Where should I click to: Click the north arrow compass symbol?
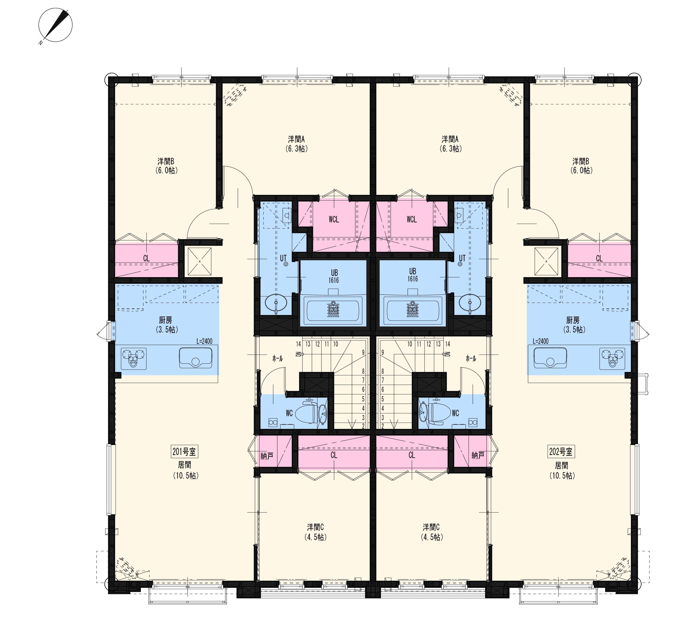pyautogui.click(x=55, y=25)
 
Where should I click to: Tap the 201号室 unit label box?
pyautogui.click(x=184, y=452)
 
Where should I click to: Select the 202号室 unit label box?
pyautogui.click(x=561, y=452)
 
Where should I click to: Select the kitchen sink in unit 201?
pyautogui.click(x=195, y=358)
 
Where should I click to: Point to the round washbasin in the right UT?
pyautogui.click(x=470, y=303)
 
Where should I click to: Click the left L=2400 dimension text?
pyautogui.click(x=204, y=341)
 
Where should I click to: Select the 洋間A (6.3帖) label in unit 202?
pyautogui.click(x=450, y=144)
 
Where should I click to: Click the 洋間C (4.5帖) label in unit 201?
pyautogui.click(x=315, y=531)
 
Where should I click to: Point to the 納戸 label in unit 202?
pyautogui.click(x=478, y=455)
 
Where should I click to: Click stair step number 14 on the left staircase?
pyautogui.click(x=298, y=344)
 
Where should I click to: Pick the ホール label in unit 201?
pyautogui.click(x=277, y=359)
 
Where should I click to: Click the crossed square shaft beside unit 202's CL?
pyautogui.click(x=546, y=261)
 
